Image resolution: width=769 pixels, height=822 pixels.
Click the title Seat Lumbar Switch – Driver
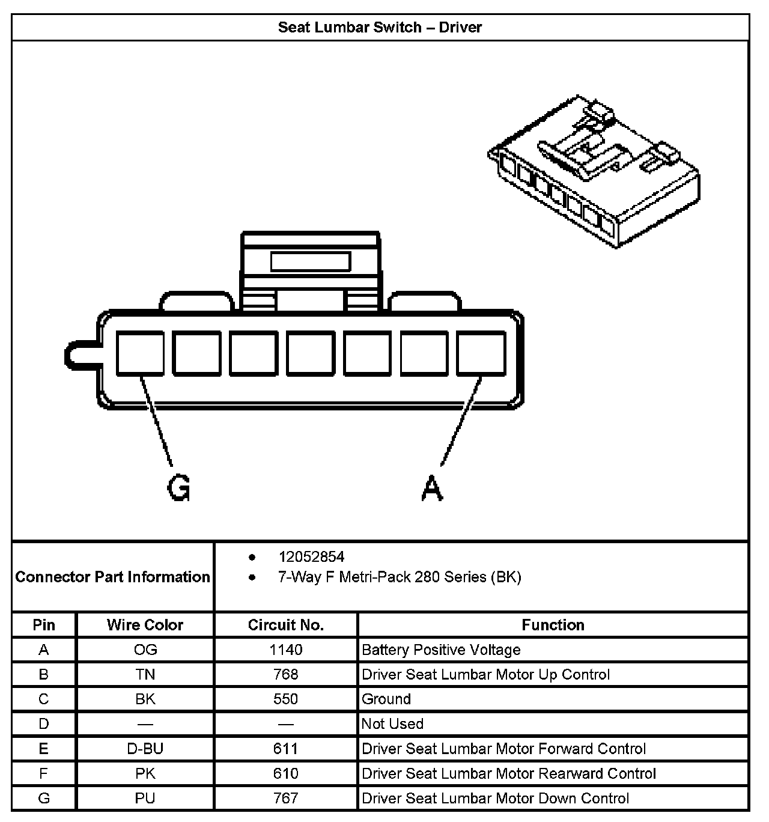click(x=380, y=27)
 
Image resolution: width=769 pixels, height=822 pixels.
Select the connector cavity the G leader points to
click(x=140, y=354)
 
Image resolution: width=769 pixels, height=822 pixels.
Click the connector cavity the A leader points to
click(x=481, y=354)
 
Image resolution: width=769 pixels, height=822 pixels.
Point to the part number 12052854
click(x=311, y=557)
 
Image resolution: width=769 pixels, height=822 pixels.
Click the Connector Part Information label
click(x=113, y=577)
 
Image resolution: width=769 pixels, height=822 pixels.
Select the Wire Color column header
click(x=145, y=625)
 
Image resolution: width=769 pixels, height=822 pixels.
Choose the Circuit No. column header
click(x=285, y=625)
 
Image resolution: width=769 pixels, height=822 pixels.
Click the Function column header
click(x=553, y=625)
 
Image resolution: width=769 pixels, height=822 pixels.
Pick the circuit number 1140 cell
click(x=286, y=650)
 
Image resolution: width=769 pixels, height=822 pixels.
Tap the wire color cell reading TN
click(x=145, y=674)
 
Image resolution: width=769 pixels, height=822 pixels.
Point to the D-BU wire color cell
click(x=145, y=749)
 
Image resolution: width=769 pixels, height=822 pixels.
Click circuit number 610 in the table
click(x=286, y=773)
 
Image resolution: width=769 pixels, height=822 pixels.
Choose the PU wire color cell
click(x=145, y=798)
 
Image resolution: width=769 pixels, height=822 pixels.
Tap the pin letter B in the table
click(x=44, y=674)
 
